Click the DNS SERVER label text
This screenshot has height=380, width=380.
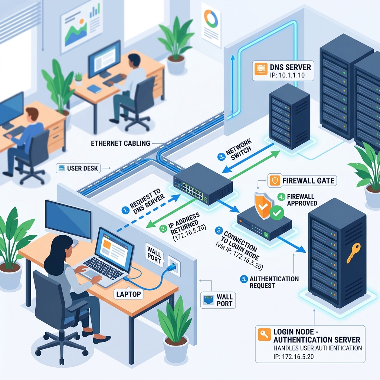coord(290,67)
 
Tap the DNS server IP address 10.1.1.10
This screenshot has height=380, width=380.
coord(287,75)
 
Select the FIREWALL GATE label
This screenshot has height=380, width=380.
coord(308,181)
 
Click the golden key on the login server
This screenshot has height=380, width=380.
coord(353,253)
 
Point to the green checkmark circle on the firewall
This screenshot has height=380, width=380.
coord(277,213)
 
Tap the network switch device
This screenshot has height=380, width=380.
coord(203,184)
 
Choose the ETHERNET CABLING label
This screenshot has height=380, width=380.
coord(121,144)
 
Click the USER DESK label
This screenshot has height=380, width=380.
coord(82,168)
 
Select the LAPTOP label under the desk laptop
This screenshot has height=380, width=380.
coord(128,294)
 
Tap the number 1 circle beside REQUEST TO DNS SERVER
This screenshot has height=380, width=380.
coord(125,210)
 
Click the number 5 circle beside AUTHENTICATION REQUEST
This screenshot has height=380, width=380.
coord(244,279)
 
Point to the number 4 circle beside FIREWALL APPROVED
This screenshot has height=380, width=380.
coord(281,197)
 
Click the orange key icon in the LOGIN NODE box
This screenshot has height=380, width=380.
coord(264,334)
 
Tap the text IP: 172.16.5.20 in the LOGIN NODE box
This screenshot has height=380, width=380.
coord(294,357)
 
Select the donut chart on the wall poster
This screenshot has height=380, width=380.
coord(211,19)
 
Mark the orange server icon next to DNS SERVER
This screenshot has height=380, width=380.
coord(261,69)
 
